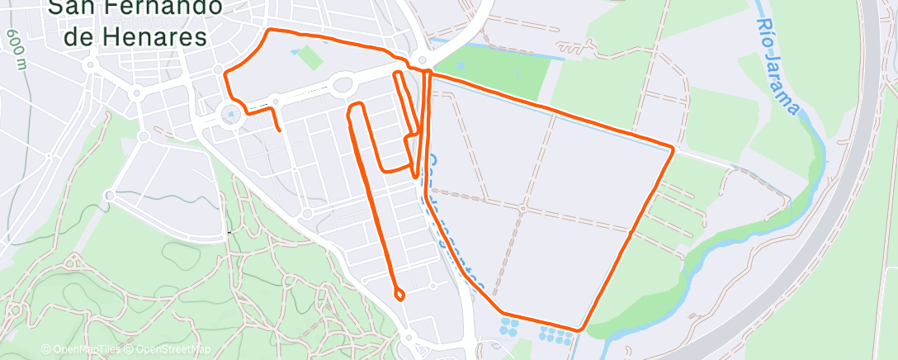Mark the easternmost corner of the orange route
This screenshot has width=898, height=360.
coord(673,149)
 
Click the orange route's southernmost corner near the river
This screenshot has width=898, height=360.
coord(579,329)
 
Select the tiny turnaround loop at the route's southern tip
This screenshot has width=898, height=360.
coord(400,294)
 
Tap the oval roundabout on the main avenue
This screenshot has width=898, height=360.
coord(344,83)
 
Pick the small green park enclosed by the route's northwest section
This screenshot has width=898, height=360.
coord(310,56)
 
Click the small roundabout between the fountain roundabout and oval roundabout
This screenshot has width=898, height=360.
coord(276,101)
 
